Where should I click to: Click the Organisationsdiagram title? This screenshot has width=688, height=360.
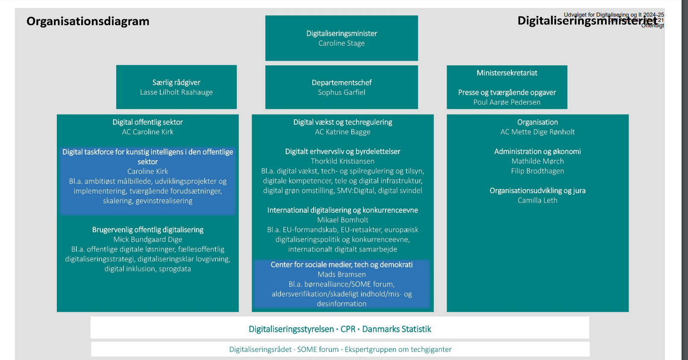88,21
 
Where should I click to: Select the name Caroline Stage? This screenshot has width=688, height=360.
341,43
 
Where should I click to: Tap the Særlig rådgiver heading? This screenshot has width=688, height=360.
176,82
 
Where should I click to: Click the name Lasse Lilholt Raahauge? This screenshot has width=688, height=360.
176,92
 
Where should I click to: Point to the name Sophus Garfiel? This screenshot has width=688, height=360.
341,92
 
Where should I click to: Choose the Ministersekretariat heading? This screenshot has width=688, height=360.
507,73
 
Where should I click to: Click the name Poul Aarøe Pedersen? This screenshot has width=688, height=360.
507,102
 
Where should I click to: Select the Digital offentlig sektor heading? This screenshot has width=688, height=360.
147,122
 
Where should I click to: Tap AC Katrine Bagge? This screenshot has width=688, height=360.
343,132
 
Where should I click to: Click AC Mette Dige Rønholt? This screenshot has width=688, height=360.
538,132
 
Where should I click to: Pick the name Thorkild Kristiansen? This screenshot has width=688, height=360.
343,161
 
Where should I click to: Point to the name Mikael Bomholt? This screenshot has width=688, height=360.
343,220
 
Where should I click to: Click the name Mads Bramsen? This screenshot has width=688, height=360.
341,274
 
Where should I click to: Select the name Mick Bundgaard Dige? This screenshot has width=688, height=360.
147,240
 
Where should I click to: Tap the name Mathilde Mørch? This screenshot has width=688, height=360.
538,161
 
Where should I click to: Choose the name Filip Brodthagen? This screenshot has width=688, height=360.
538,171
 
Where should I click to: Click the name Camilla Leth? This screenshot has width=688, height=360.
538,200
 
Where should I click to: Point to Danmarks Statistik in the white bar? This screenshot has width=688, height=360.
397,329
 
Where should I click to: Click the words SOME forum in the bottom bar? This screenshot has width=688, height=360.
318,349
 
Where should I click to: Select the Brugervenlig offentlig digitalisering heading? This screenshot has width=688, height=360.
147,230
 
